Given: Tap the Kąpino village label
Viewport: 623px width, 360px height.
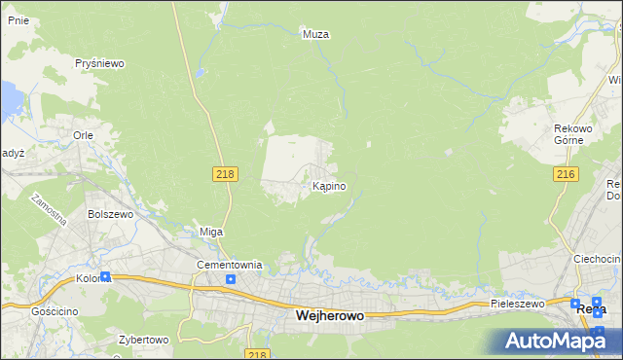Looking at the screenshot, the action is tap(328, 185).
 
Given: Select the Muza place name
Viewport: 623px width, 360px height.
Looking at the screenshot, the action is tap(316, 34).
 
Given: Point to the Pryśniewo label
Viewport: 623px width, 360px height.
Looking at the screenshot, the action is tap(101, 63).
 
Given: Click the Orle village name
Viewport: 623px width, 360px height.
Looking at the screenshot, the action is tap(82, 136).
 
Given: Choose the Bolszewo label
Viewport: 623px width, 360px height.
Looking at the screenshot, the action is tap(109, 213).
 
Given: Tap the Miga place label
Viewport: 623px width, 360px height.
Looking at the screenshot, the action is tap(211, 232).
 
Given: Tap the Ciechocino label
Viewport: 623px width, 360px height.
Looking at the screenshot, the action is tap(597, 259).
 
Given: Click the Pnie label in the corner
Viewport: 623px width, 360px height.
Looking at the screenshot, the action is tap(17, 18).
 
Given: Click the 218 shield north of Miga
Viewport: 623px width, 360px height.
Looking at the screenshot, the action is tap(225, 173).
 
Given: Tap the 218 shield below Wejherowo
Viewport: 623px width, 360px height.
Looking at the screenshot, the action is tap(257, 354).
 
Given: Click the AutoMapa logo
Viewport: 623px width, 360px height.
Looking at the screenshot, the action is tap(555, 341).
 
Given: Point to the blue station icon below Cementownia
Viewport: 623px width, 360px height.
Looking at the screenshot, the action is tap(230, 280).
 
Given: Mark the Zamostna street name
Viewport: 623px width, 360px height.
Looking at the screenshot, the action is tap(46, 207).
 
